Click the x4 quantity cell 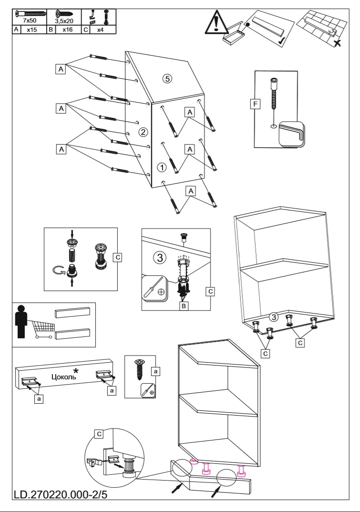(x=100, y=30)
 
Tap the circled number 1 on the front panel (x=162, y=167)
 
